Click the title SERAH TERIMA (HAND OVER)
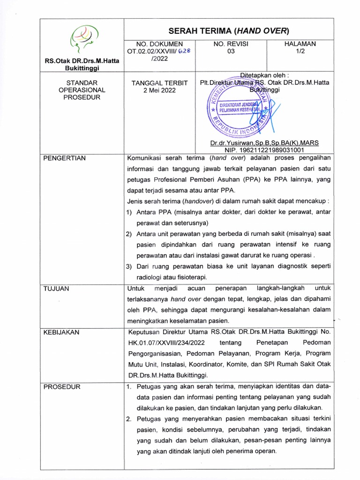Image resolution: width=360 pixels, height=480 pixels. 228,31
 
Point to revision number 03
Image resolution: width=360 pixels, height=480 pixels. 230,52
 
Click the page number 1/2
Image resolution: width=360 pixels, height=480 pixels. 300,52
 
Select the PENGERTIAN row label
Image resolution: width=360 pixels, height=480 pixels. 65,158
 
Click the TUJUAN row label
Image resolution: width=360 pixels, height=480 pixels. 56,288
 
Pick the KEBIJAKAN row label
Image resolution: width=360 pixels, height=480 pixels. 61,332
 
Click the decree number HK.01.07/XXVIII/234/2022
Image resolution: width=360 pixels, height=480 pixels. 167,343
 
